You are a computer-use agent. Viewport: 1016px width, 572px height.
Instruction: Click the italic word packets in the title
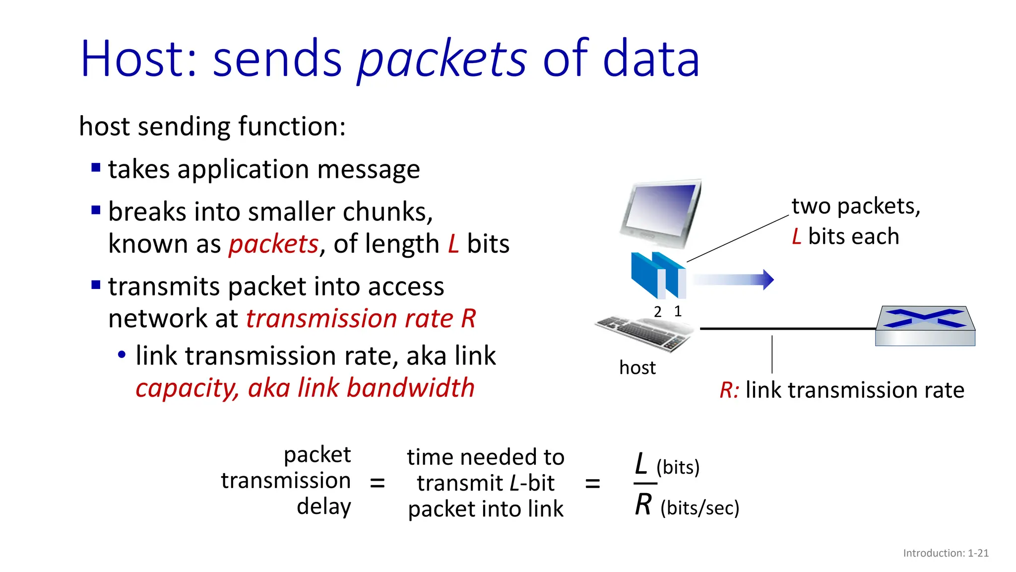(442, 60)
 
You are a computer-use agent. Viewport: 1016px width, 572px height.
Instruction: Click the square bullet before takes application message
(96, 167)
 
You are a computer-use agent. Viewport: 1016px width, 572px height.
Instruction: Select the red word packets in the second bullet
(273, 244)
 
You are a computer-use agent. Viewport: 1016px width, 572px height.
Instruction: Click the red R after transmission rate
(468, 318)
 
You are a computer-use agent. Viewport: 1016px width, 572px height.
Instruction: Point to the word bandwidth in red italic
(410, 388)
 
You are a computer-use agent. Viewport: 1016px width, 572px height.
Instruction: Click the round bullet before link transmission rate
(122, 356)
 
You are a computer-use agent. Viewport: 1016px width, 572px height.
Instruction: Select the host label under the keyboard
(637, 368)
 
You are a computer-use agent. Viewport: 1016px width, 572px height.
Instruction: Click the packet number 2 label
(658, 312)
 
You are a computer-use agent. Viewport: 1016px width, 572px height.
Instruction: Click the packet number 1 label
(678, 311)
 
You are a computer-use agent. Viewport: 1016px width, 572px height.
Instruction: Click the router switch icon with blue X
(925, 325)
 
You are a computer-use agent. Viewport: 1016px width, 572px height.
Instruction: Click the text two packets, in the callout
(856, 206)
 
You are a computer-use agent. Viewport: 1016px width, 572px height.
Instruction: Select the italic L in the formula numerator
(641, 464)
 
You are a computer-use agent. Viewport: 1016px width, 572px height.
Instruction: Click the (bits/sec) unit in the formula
(699, 508)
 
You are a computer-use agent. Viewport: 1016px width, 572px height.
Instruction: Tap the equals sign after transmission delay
(378, 483)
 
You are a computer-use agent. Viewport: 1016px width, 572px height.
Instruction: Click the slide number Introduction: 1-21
(946, 553)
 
